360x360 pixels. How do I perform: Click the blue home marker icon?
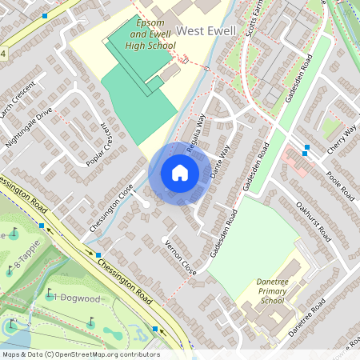tap(180, 173)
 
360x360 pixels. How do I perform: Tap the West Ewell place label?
tap(206, 30)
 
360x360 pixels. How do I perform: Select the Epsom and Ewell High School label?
tap(150, 36)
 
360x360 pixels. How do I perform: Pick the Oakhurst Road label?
tap(313, 220)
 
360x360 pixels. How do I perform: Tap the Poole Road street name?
tap(341, 183)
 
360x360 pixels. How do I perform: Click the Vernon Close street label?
tap(178, 255)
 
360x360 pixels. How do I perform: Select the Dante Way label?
tap(219, 161)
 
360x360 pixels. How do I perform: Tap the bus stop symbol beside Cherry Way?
tap(306, 147)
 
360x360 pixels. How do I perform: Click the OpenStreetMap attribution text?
tap(80, 354)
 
